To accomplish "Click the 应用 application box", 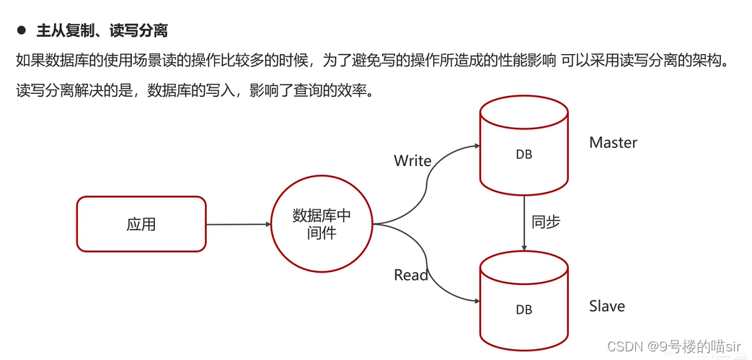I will [x=141, y=224].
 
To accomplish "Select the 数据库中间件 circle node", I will [x=322, y=224].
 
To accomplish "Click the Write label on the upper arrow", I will [x=412, y=161].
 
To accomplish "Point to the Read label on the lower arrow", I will [x=411, y=275].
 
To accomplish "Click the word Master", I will [x=613, y=143].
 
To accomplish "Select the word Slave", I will [x=606, y=307].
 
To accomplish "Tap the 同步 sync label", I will [x=546, y=222].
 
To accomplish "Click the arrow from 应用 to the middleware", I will [x=238, y=224].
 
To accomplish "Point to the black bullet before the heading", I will [x=21, y=31].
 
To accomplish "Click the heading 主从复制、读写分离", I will [x=102, y=31].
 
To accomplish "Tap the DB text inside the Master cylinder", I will [x=524, y=155].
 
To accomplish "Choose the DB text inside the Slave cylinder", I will [x=524, y=309].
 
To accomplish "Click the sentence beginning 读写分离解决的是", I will [x=195, y=92].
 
